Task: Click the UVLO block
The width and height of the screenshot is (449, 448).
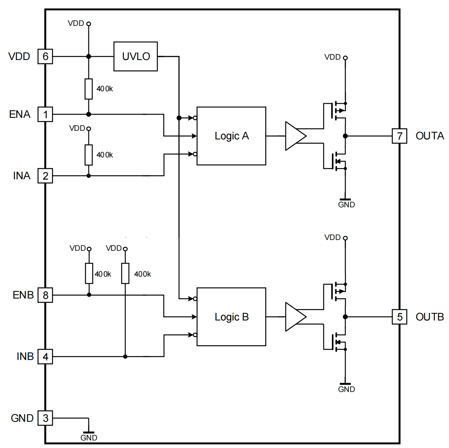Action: point(135,56)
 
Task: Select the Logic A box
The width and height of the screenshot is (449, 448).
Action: point(231,136)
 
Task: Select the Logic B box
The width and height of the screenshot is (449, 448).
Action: point(231,317)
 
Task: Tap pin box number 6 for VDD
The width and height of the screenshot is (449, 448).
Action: point(45,56)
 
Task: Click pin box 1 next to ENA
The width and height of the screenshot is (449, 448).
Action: point(45,114)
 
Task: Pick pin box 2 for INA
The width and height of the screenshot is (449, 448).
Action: point(45,176)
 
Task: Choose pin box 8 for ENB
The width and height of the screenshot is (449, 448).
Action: point(45,295)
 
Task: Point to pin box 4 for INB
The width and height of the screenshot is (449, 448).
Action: point(45,357)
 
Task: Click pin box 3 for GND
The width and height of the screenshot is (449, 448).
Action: point(45,418)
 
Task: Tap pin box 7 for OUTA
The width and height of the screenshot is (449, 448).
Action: point(399,136)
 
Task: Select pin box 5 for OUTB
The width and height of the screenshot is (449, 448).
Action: point(399,317)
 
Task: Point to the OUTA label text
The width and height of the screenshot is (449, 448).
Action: point(430,136)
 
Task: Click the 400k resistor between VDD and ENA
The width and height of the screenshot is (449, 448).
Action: point(89,88)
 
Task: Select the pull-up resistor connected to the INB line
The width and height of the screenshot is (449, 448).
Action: point(125,273)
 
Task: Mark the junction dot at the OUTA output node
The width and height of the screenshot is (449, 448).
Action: point(345,136)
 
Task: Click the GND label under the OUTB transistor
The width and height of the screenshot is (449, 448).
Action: point(346,389)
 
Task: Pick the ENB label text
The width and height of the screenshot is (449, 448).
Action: point(23,295)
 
